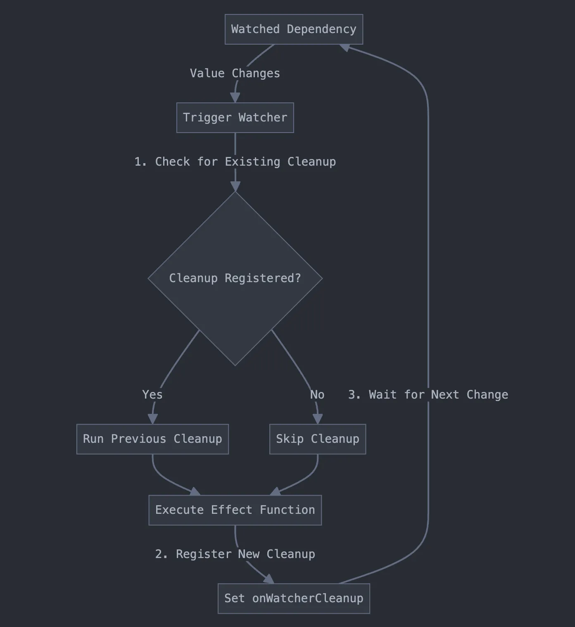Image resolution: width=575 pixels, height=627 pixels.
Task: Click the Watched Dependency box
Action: tap(294, 29)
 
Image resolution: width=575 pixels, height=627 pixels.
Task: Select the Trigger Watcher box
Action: tap(235, 118)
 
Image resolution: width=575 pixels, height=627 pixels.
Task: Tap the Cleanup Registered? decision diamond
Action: tap(235, 278)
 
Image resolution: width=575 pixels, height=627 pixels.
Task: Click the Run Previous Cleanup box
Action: tap(152, 439)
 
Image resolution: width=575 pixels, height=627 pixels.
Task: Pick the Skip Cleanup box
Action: tap(317, 439)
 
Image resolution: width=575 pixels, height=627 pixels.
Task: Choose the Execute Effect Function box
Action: tap(235, 510)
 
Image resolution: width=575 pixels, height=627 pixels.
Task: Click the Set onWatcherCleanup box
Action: tap(294, 598)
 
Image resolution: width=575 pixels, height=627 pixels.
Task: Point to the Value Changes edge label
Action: tap(235, 74)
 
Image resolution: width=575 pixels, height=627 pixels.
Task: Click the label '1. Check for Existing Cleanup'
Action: tap(235, 161)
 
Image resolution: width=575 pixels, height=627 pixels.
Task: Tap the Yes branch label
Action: tap(152, 394)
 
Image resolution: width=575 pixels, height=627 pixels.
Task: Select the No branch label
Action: tap(317, 394)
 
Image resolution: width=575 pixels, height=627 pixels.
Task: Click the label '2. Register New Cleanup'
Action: tap(235, 554)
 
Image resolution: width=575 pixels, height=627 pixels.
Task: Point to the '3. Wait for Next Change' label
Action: tap(428, 394)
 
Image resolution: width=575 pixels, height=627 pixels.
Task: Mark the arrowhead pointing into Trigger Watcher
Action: tap(235, 98)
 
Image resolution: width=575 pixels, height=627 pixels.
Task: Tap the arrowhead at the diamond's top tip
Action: tap(235, 187)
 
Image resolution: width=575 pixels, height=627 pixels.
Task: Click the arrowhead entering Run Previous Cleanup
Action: tap(152, 419)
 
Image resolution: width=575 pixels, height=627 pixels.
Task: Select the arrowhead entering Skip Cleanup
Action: tap(317, 419)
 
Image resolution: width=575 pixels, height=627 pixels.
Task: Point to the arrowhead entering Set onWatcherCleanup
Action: tap(269, 579)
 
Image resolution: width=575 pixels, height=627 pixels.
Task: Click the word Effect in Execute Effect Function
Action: tap(231, 510)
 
